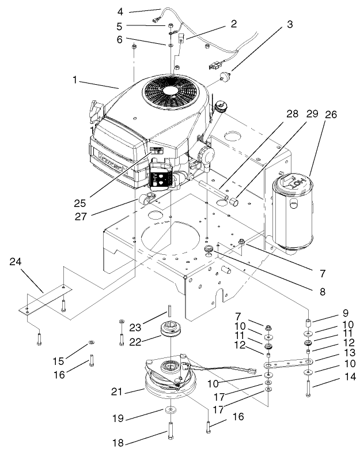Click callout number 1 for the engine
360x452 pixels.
point(74,81)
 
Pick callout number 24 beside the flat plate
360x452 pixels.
point(17,262)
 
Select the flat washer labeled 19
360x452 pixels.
point(171,410)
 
